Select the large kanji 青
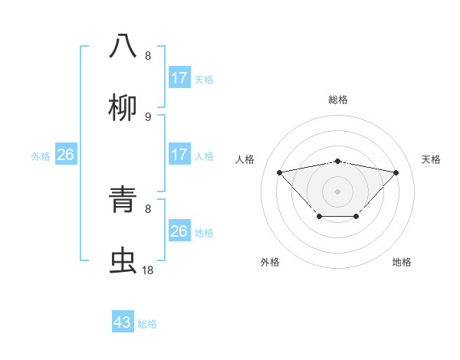click(123, 198)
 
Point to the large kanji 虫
click(123, 260)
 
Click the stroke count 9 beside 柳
click(148, 117)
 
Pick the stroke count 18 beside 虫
click(148, 270)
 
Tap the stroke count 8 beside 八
click(148, 56)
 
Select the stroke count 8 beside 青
click(148, 208)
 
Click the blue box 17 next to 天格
click(179, 78)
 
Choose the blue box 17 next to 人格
click(179, 155)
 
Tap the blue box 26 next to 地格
click(179, 231)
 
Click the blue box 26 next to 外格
click(65, 155)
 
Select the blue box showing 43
click(123, 322)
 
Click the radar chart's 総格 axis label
click(337, 100)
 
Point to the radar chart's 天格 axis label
click(431, 159)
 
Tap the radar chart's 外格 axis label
click(270, 262)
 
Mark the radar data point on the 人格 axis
click(279, 172)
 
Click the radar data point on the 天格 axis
click(396, 172)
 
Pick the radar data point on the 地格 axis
click(356, 217)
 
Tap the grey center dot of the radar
click(337, 191)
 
